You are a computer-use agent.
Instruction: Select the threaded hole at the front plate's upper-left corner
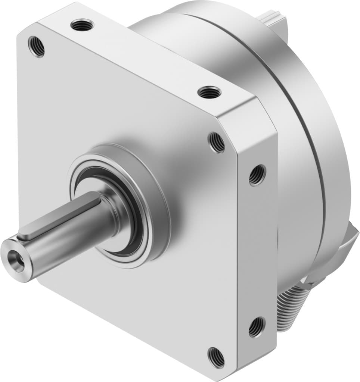[37, 46]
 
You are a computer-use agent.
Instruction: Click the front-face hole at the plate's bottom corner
[216, 357]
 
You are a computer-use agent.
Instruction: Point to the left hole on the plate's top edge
[82, 25]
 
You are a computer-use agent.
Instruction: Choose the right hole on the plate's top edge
[209, 92]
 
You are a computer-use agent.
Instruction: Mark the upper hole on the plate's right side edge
[257, 174]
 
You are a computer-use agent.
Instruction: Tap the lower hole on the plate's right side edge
[257, 327]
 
